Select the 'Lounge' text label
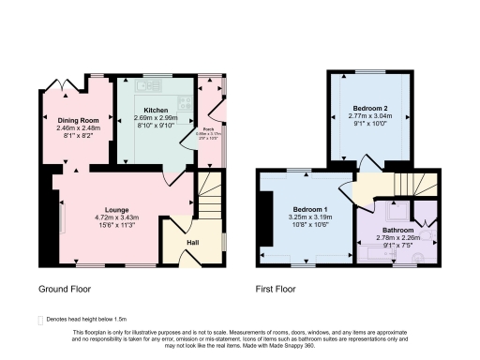pos(117,209)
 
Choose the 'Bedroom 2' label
pos(370,109)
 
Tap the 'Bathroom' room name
pos(397,230)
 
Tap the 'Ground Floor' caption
pos(65,290)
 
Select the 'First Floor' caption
pos(277,290)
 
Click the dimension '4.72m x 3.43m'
pos(117,217)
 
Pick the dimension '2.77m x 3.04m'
pos(370,117)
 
